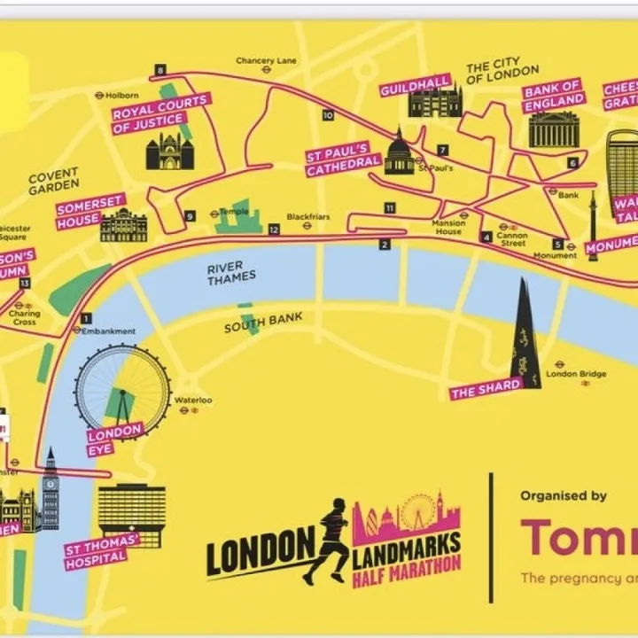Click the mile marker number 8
160,70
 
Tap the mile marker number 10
328,115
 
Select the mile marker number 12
275,230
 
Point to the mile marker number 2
385,245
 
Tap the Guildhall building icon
434,103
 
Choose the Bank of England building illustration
554,129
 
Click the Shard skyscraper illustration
525,337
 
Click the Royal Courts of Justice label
159,113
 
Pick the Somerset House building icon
124,225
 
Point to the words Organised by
564,496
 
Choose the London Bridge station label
576,374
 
